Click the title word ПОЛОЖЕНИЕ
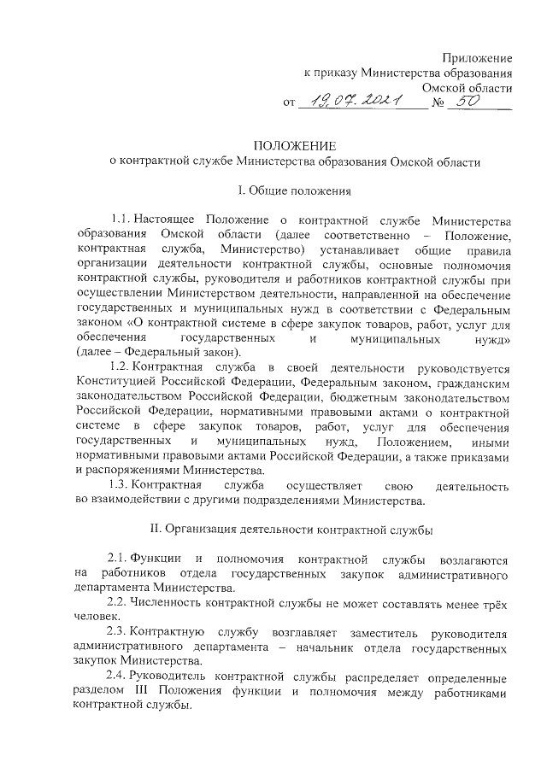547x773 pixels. point(297,145)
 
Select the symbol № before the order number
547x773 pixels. point(440,103)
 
